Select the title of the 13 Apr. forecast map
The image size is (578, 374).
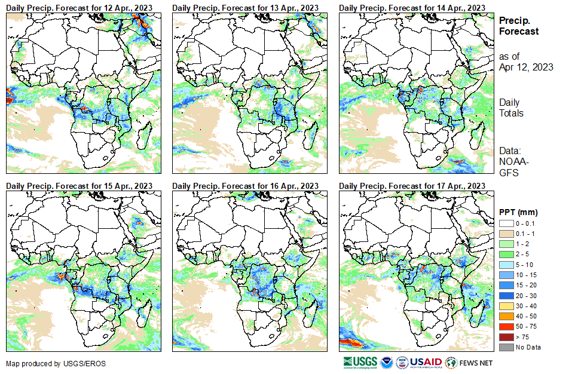(x=246, y=7)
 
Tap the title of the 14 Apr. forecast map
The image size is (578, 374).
(x=412, y=7)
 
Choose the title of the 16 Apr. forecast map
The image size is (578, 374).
(x=246, y=186)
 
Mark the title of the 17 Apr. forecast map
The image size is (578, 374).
(x=412, y=186)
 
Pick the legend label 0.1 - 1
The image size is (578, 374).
(x=525, y=232)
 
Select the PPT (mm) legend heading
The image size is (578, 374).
(x=519, y=212)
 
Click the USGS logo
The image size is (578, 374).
(x=360, y=363)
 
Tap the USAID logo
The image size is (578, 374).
(x=426, y=363)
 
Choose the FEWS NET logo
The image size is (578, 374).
(x=470, y=363)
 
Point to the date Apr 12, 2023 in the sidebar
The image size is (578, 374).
(x=526, y=67)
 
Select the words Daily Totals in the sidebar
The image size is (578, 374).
(x=512, y=108)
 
